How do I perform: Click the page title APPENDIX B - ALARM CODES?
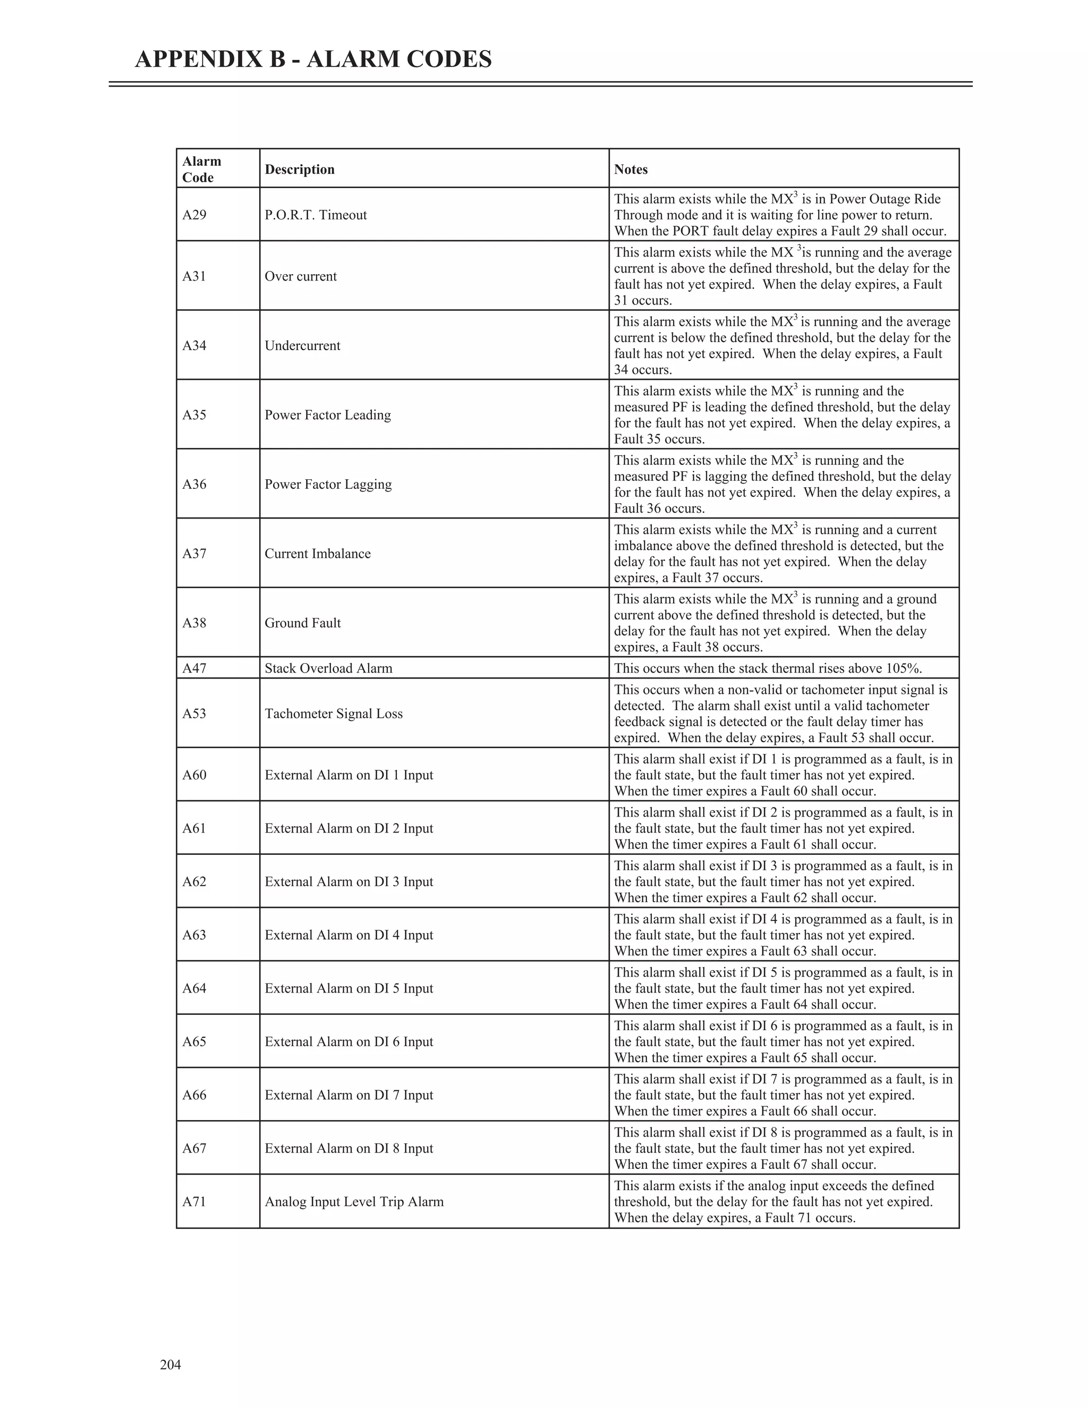[313, 60]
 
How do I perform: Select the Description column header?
[300, 169]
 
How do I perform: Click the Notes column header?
[631, 169]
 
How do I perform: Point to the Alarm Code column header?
[201, 169]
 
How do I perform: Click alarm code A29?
[194, 215]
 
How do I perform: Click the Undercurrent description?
[302, 345]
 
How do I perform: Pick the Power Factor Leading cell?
[327, 415]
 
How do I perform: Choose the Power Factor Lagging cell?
[328, 484]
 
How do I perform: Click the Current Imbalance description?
[318, 554]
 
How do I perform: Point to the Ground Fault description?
[302, 623]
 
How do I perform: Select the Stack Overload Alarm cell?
[328, 668]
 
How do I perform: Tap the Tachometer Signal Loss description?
[333, 714]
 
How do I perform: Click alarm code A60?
[194, 775]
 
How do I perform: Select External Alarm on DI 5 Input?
[348, 988]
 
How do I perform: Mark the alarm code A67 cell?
[194, 1148]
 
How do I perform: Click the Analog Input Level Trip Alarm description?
[354, 1202]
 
